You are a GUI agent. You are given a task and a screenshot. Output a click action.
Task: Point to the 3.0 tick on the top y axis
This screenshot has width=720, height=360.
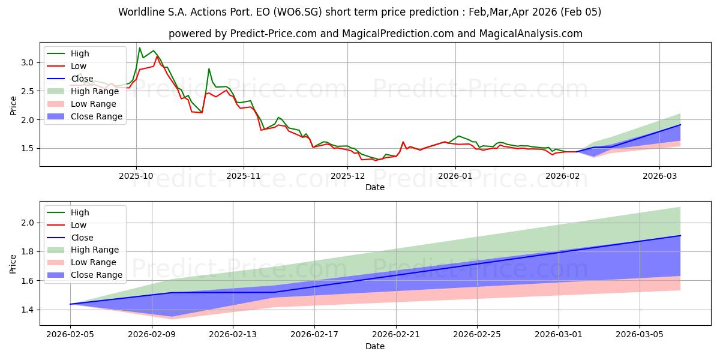(x=28, y=62)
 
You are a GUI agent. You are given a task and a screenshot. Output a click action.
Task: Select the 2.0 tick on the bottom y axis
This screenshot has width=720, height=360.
(x=28, y=223)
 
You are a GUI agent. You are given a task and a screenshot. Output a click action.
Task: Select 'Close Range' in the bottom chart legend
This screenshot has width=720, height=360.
(x=97, y=275)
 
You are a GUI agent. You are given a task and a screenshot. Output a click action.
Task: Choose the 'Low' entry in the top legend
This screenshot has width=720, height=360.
(x=79, y=66)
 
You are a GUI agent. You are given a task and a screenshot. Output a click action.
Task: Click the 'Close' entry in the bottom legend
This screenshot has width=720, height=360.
(x=82, y=238)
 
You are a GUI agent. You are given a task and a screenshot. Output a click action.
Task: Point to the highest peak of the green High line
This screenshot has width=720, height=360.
(x=140, y=48)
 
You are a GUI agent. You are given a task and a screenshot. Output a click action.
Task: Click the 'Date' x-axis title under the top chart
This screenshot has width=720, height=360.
(x=375, y=187)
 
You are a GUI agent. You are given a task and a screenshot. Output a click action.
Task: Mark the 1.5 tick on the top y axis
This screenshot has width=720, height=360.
(x=28, y=148)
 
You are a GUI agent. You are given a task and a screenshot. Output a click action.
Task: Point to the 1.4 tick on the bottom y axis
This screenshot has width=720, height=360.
(x=28, y=310)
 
